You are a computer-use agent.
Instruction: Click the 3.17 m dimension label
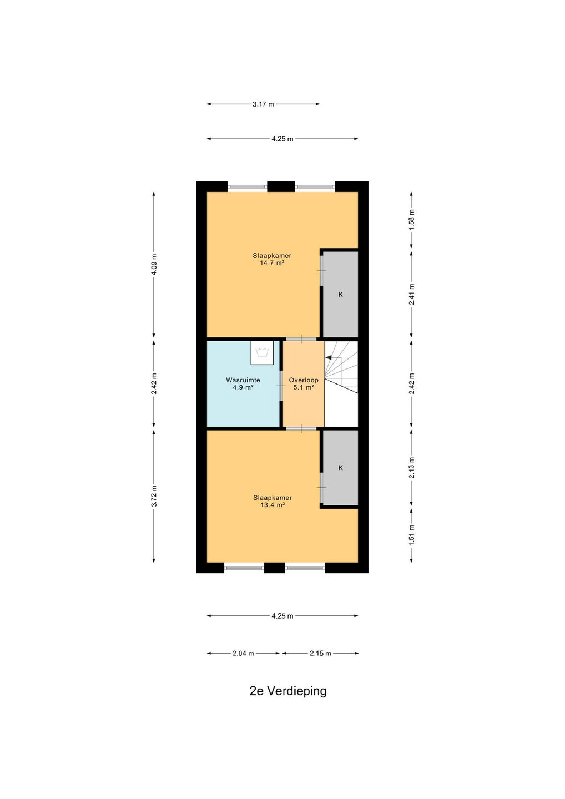point(263,104)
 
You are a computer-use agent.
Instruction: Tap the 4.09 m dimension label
point(154,264)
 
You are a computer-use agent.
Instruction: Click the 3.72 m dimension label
point(154,496)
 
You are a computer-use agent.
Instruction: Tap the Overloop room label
point(304,380)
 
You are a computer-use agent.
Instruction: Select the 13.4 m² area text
point(273,505)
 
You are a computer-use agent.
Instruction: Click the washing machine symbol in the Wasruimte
point(262,353)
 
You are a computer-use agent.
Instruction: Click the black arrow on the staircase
point(329,357)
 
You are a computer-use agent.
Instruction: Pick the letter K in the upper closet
point(340,295)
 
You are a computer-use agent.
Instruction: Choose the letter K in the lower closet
point(340,468)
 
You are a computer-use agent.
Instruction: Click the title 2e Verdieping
point(288,691)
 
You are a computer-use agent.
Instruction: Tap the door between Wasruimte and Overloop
point(281,386)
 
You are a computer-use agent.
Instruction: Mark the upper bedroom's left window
point(247,186)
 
